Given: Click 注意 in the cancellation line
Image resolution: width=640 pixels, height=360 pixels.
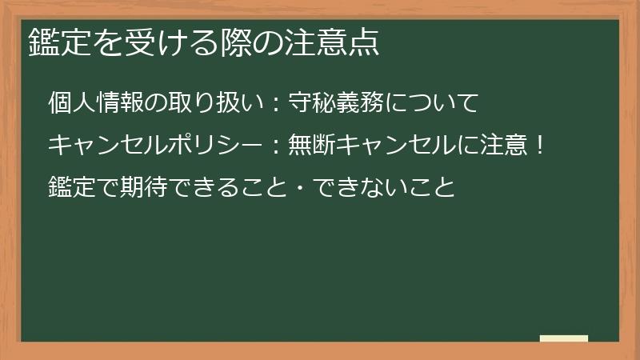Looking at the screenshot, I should click(501, 146).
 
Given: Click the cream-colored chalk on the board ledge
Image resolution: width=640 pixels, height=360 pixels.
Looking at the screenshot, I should click(564, 338).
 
